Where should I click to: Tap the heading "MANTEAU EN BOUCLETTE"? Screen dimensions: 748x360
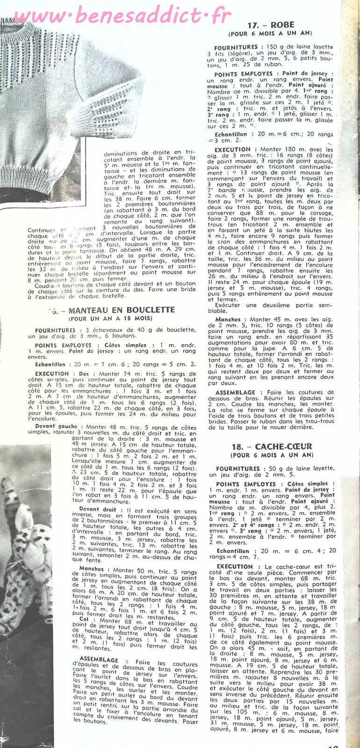click(122, 310)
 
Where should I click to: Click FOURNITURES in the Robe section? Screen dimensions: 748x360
click(236, 47)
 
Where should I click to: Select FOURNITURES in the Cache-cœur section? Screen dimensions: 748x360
click(238, 468)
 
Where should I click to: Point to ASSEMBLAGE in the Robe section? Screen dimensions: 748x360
click(236, 392)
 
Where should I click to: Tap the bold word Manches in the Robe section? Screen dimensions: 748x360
click(228, 319)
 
